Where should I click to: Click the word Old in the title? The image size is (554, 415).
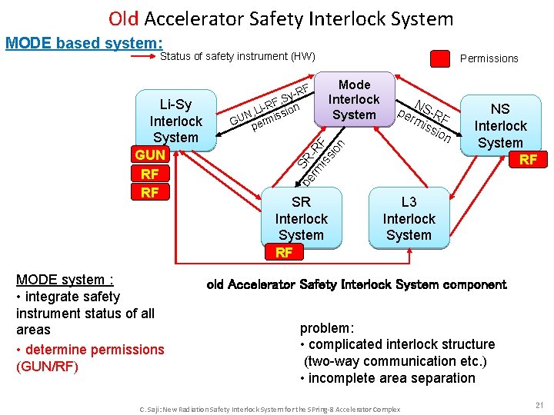[123, 18]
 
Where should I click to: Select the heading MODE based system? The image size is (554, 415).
[84, 43]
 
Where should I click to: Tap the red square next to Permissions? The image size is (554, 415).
[439, 58]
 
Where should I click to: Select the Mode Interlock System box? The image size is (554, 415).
[354, 100]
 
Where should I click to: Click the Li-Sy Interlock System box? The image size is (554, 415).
[175, 121]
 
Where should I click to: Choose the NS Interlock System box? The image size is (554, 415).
[500, 126]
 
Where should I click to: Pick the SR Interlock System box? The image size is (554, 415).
[301, 218]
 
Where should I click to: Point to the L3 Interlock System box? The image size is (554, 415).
[409, 218]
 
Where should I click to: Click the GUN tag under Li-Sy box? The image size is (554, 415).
[150, 155]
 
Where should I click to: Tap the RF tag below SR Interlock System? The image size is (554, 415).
[284, 252]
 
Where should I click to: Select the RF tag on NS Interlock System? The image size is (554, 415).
[528, 160]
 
